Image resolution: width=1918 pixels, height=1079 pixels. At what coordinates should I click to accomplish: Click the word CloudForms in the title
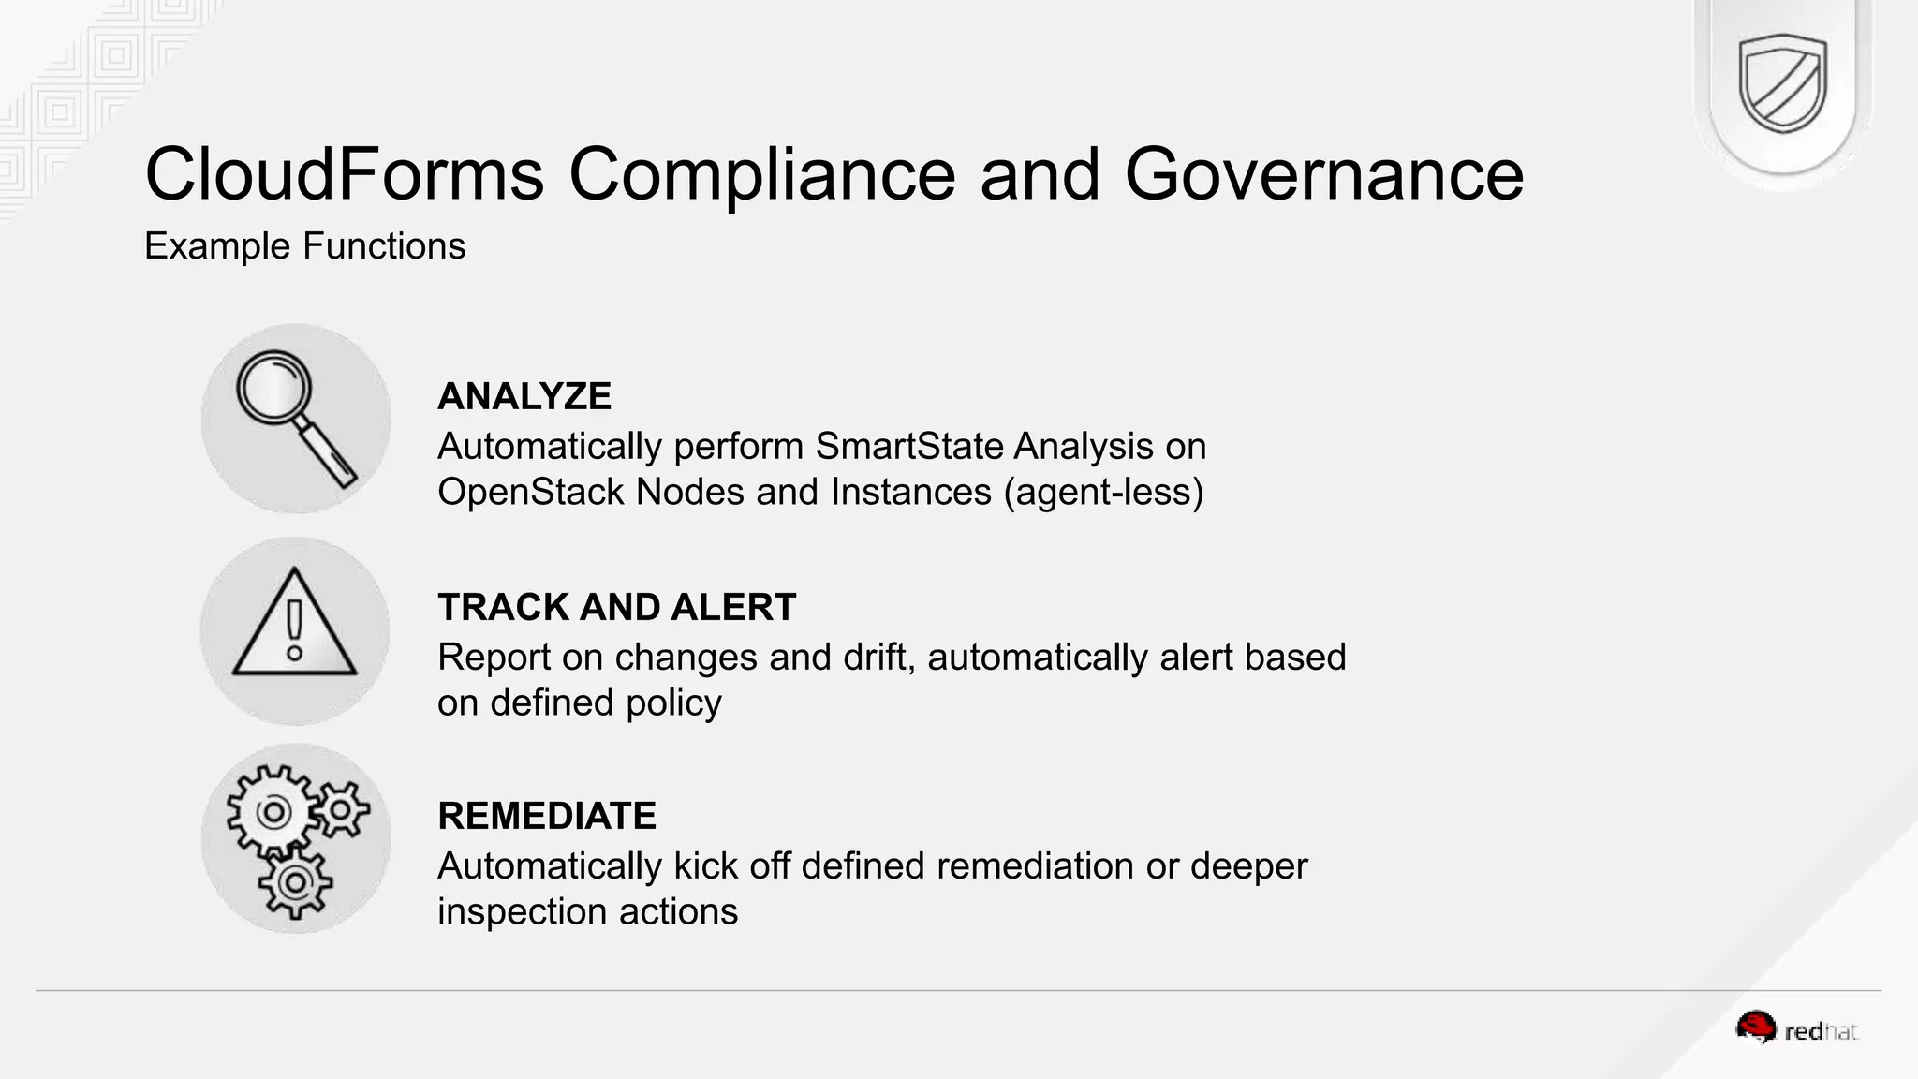coord(344,174)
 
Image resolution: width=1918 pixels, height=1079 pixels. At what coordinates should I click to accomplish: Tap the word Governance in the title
coord(1323,174)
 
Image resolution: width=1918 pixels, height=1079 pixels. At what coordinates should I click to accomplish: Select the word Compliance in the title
coord(762,174)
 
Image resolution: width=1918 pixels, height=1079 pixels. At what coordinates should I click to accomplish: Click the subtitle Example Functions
coord(304,246)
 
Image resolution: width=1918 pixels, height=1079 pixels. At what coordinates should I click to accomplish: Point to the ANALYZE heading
coord(524,396)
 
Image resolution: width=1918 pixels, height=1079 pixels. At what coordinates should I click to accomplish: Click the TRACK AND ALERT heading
coord(616,607)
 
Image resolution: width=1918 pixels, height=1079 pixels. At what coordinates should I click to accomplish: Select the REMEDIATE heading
coord(547,816)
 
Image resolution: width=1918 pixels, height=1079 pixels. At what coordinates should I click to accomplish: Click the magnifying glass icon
coord(295,418)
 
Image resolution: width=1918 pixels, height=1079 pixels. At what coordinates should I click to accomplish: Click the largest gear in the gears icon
coord(273,811)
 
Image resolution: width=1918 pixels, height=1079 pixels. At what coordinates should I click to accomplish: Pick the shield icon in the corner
coord(1782,83)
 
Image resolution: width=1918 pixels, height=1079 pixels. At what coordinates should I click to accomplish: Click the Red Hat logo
coord(1796,1029)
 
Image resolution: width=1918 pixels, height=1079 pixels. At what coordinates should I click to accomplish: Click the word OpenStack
coord(530,493)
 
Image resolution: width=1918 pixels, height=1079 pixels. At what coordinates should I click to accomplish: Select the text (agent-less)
coord(1103,493)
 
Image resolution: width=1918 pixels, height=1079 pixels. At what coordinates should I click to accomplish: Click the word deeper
coord(1248,866)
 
